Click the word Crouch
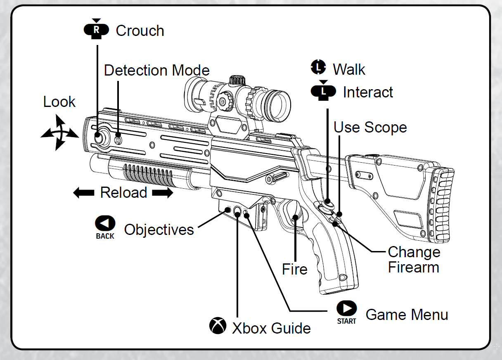pos(140,31)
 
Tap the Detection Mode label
pos(156,70)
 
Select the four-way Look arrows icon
pos(59,133)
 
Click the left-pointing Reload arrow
pos(84,193)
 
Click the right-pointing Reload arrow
pos(162,193)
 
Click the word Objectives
pos(159,230)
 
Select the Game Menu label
pos(407,315)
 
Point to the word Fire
pos(295,270)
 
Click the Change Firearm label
pos(414,260)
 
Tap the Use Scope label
pos(370,128)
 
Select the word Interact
pos(368,92)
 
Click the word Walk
pos(349,69)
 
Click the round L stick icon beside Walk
pos(318,67)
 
